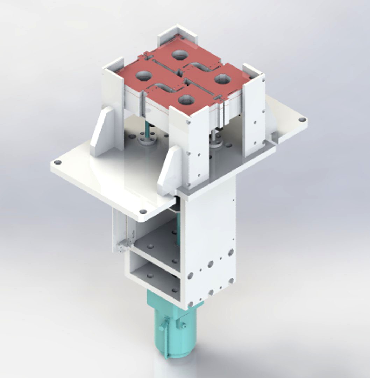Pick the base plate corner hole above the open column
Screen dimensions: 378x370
pyautogui.click(x=143, y=211)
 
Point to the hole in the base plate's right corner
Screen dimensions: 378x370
pyautogui.click(x=301, y=120)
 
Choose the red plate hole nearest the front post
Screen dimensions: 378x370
pyautogui.click(x=186, y=100)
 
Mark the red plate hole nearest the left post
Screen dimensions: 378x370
pyautogui.click(x=143, y=75)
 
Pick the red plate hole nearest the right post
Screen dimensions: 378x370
pyautogui.click(x=222, y=79)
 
